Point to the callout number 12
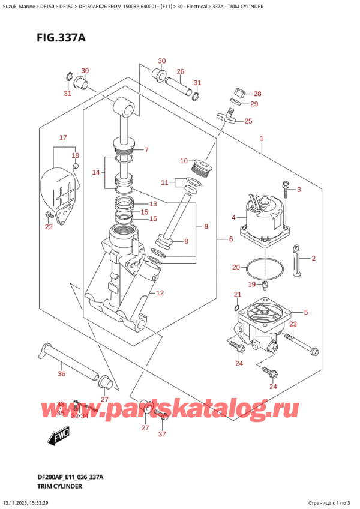click(160, 293)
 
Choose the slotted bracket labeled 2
click(297, 261)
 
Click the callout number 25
click(248, 122)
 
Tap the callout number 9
click(206, 226)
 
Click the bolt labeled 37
click(161, 414)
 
